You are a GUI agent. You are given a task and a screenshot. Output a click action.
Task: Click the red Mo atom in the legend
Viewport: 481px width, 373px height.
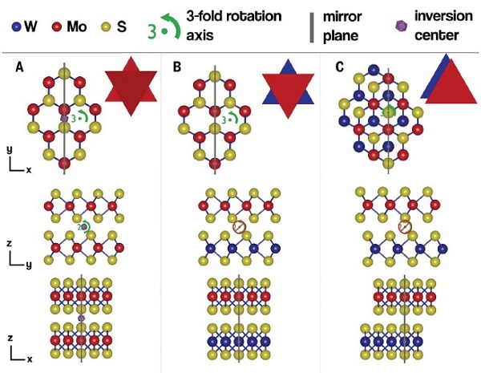coord(57,26)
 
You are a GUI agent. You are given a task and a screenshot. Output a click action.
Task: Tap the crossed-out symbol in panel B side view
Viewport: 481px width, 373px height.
coord(238,228)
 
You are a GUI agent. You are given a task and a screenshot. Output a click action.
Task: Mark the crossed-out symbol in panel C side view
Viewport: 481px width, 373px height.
coord(405,228)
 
